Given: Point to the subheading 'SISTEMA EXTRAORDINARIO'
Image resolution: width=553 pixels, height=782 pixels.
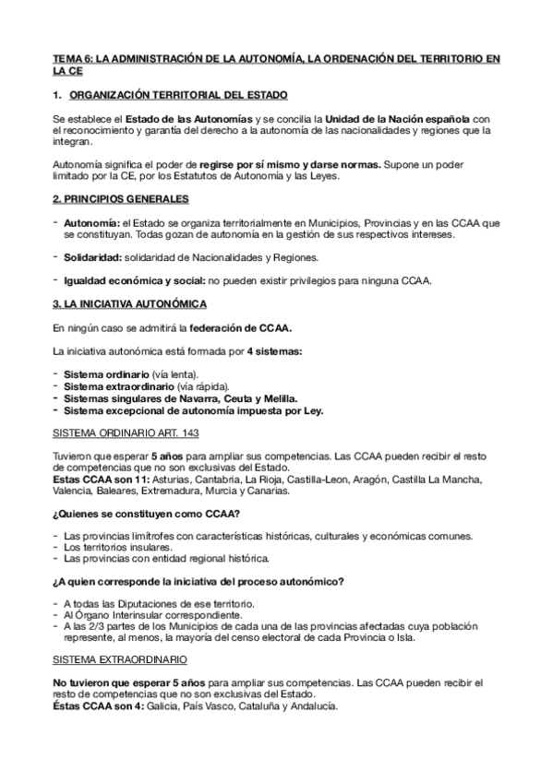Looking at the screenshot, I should pyautogui.click(x=119, y=661).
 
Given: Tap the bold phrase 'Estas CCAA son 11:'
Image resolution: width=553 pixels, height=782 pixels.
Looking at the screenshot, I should pyautogui.click(x=91, y=480).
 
